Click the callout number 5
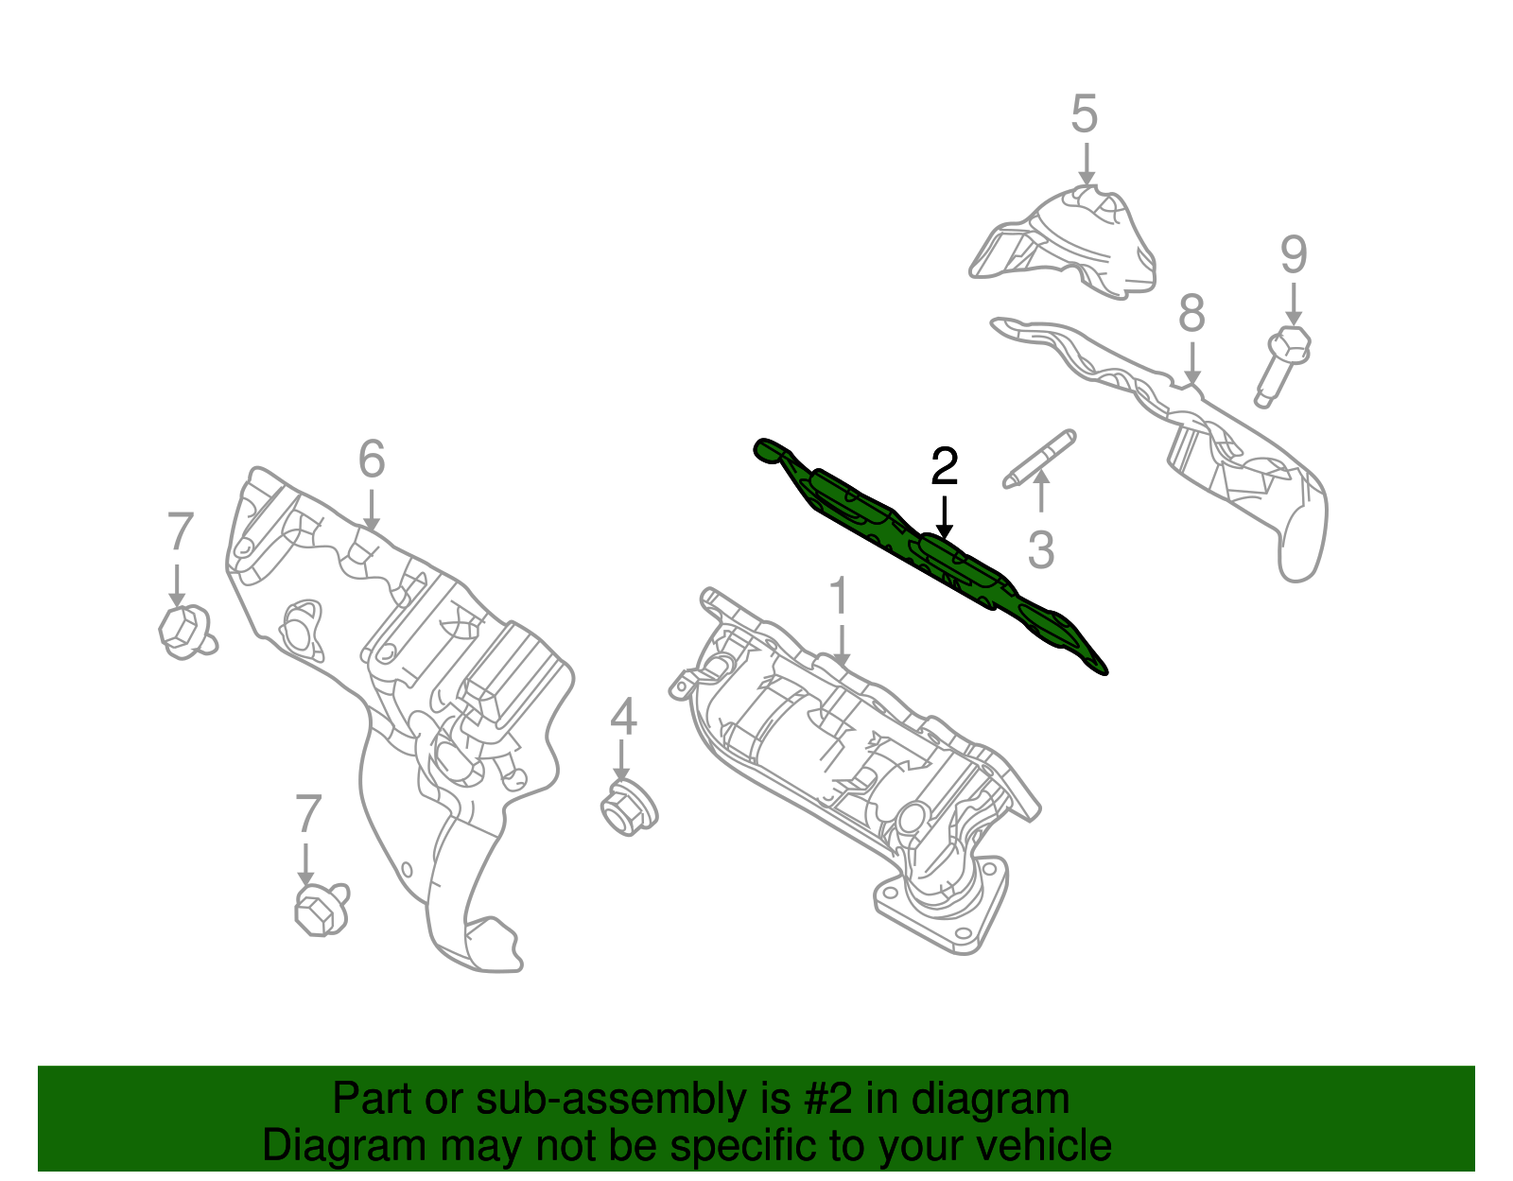click(x=1084, y=114)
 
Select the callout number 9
click(x=1294, y=255)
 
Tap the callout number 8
click(x=1191, y=314)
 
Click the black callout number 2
click(x=944, y=466)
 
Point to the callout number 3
click(x=1040, y=550)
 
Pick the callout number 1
click(x=839, y=599)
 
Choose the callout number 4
click(x=623, y=718)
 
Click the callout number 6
click(x=372, y=460)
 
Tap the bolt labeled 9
click(x=1280, y=365)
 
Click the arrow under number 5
click(x=1087, y=164)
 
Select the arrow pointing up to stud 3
click(x=1040, y=491)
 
